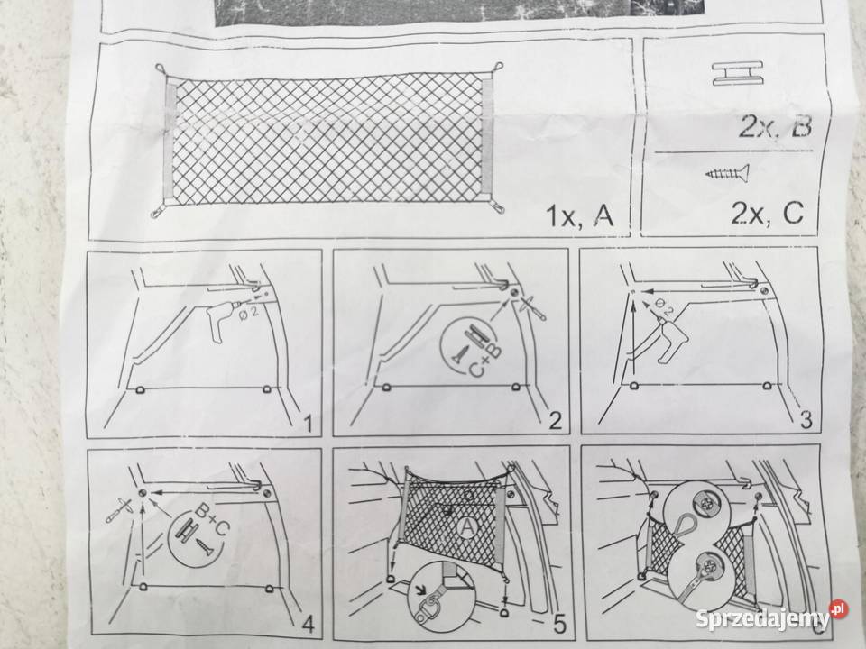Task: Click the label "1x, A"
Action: click(579, 215)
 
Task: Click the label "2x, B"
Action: click(776, 126)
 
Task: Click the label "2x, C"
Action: click(767, 213)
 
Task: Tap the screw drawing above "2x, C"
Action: click(727, 173)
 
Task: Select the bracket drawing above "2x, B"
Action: click(737, 73)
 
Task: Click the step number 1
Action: click(308, 424)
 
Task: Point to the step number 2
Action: click(555, 421)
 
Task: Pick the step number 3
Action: click(806, 419)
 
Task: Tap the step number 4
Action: click(308, 624)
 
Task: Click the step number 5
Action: click(559, 624)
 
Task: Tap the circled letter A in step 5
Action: click(467, 528)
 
